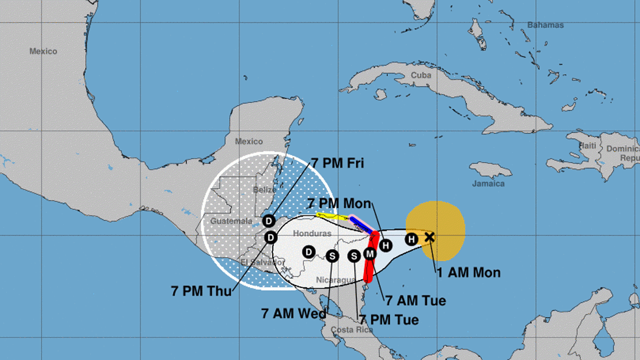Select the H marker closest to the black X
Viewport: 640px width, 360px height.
[x=411, y=239]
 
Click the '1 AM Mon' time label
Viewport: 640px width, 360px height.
[x=468, y=273]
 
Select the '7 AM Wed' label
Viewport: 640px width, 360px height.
[x=293, y=313]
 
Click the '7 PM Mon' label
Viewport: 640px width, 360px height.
[x=339, y=203]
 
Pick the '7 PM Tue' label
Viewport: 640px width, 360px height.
[x=388, y=320]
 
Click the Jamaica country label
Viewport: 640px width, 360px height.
[x=488, y=183]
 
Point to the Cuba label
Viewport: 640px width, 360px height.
[x=421, y=75]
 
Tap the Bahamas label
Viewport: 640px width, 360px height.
[x=545, y=25]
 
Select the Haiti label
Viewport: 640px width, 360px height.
[x=588, y=146]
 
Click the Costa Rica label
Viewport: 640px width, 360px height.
[x=350, y=330]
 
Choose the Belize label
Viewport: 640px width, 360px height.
[x=265, y=189]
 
